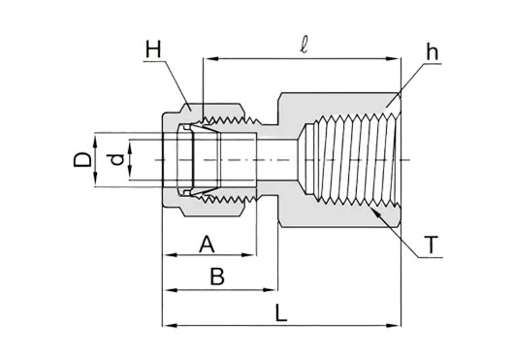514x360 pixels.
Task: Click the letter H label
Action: point(153,50)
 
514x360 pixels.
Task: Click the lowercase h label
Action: point(432,52)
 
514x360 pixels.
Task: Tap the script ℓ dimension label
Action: point(304,47)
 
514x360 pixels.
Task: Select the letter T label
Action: point(431,245)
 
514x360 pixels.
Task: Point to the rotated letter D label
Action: point(82,160)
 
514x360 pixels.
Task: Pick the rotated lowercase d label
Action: point(116,160)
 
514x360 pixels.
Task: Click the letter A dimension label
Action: point(207,245)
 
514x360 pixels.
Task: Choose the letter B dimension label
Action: point(217,277)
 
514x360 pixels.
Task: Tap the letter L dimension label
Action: point(281,313)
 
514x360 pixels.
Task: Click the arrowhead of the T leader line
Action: point(376,213)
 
